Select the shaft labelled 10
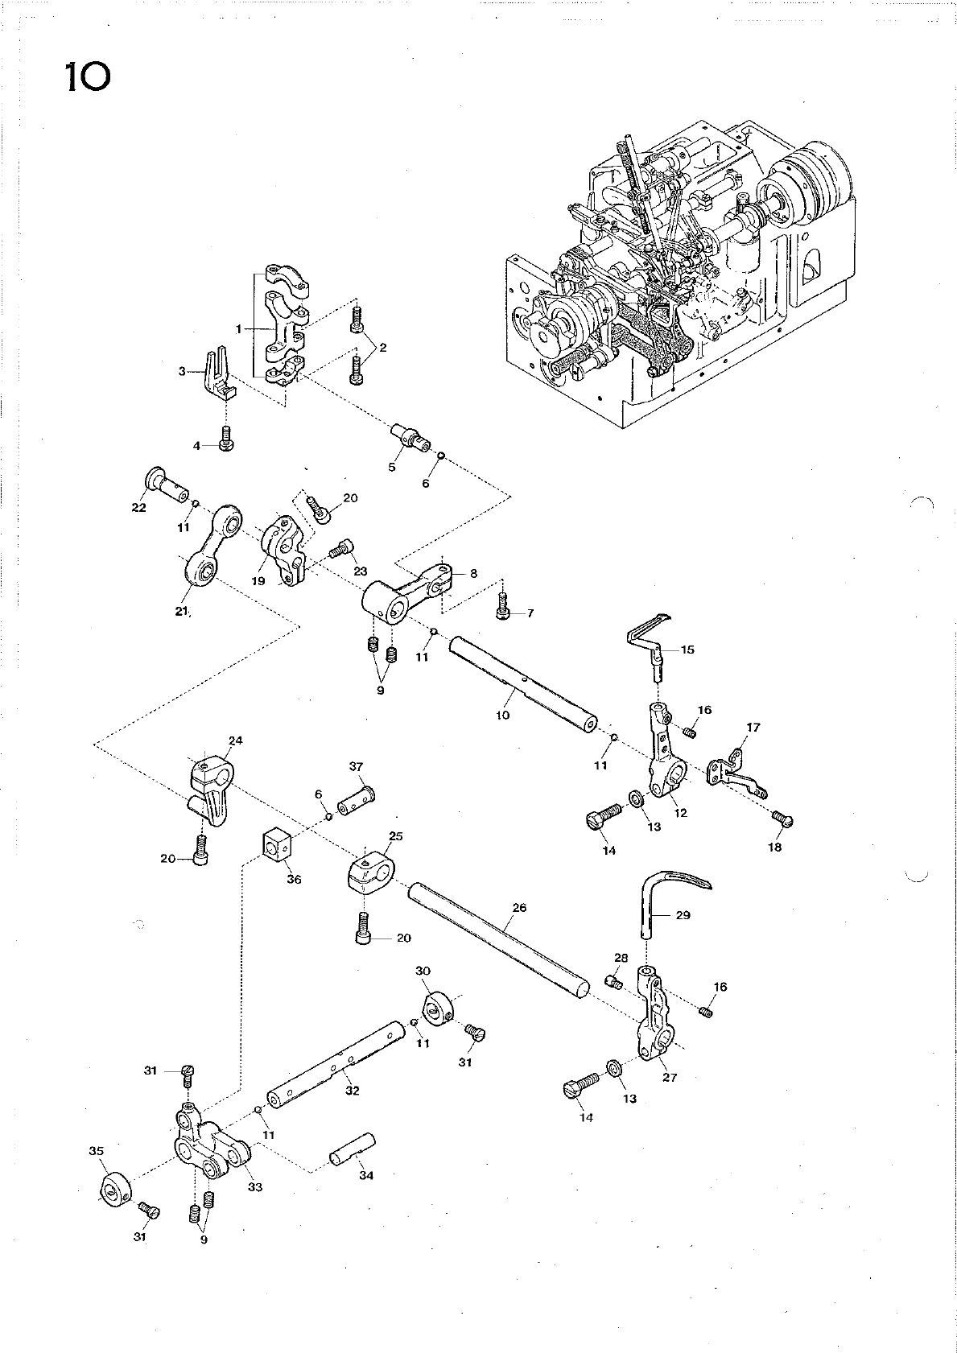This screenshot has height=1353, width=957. point(523,681)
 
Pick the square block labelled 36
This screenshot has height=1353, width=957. point(276,845)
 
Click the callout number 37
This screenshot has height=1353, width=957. point(357,766)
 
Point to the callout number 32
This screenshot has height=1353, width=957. point(352,1091)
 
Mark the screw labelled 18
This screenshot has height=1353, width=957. point(782,819)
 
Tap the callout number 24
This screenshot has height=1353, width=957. point(235,740)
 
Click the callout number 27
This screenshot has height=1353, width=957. point(670,1078)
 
